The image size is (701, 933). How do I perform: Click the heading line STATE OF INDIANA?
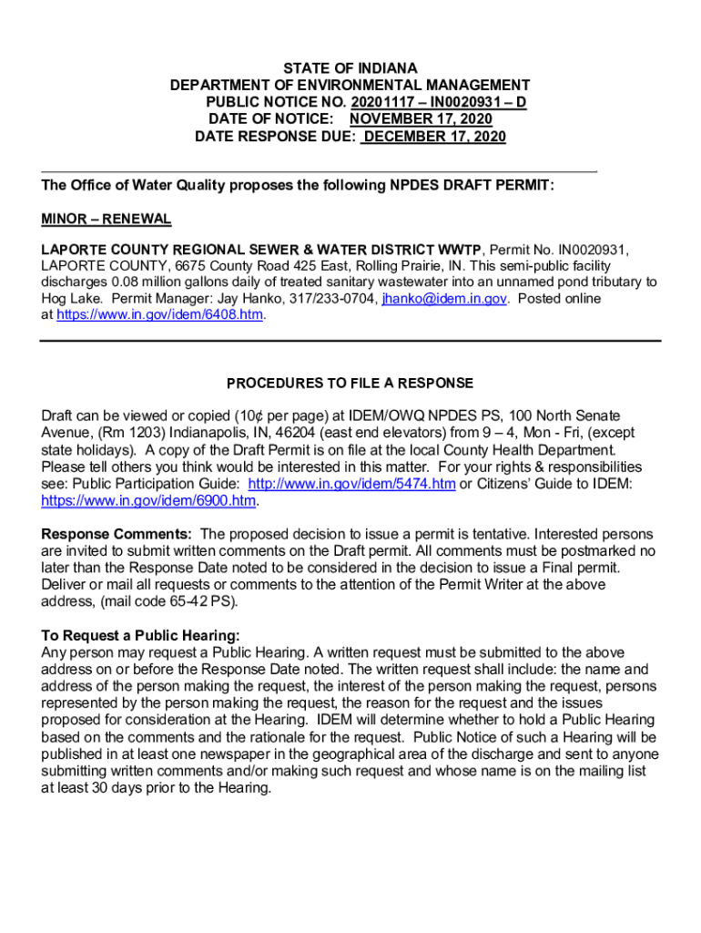(x=350, y=68)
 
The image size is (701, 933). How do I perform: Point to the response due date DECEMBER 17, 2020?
(x=433, y=137)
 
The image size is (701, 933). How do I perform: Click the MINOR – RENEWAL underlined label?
(x=106, y=220)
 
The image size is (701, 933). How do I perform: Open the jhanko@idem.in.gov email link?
(x=444, y=298)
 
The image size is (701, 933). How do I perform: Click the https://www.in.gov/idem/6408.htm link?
(x=160, y=314)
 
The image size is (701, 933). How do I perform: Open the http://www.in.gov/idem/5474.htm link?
(x=351, y=484)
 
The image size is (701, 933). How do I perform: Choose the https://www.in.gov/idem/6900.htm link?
(x=149, y=500)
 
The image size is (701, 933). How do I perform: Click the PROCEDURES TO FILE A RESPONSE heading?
(x=350, y=383)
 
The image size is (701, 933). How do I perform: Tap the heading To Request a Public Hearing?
(x=140, y=635)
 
